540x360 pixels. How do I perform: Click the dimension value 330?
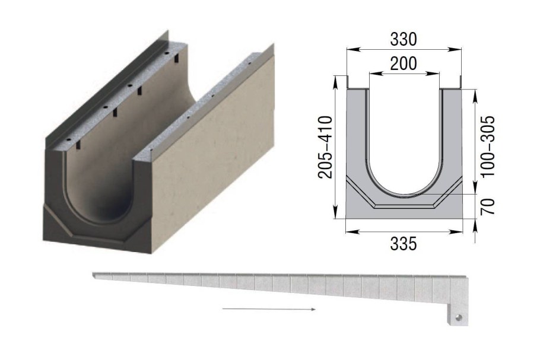click(404, 39)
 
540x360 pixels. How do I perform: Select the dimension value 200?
click(404, 63)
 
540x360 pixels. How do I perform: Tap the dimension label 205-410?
click(325, 145)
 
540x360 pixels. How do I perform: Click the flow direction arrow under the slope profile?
click(269, 309)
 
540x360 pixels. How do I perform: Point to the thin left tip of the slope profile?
click(97, 274)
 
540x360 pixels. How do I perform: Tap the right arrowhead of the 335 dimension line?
click(462, 231)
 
